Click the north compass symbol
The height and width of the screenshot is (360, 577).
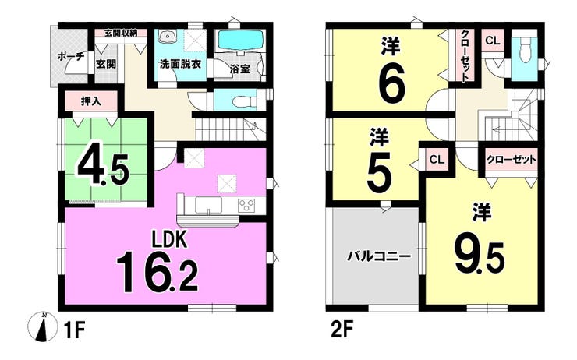(x=43, y=326)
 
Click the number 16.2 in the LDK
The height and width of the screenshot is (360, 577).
(x=158, y=271)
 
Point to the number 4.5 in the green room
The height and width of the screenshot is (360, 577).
(x=103, y=170)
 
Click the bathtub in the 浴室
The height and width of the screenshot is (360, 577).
(x=242, y=40)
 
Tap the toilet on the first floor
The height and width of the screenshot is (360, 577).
(x=242, y=101)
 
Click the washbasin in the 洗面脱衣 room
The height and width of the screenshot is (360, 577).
(x=168, y=37)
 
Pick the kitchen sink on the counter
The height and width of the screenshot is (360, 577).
(x=208, y=205)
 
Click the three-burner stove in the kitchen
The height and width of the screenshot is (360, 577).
(x=246, y=205)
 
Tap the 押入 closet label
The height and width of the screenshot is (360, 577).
(x=91, y=102)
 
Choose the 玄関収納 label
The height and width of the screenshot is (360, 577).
(x=121, y=33)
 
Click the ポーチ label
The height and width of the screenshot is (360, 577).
(x=71, y=57)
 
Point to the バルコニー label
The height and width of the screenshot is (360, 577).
(x=379, y=256)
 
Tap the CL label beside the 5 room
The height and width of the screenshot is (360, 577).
(x=437, y=160)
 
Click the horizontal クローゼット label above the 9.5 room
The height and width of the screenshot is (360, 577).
(x=512, y=160)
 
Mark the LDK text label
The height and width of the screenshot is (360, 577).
(x=171, y=240)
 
